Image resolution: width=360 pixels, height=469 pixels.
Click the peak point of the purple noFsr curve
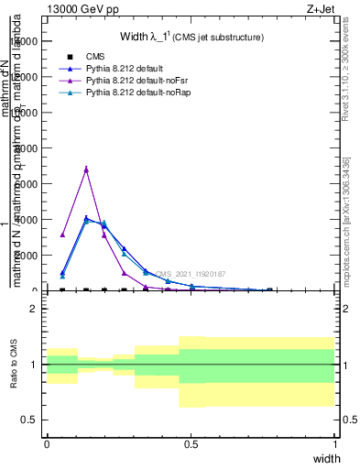86,169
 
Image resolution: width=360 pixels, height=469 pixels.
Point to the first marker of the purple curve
62,234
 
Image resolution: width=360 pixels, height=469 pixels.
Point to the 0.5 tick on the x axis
191,444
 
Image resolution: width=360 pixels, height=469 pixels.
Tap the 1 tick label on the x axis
335,444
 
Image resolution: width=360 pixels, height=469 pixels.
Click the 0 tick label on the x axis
47,444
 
